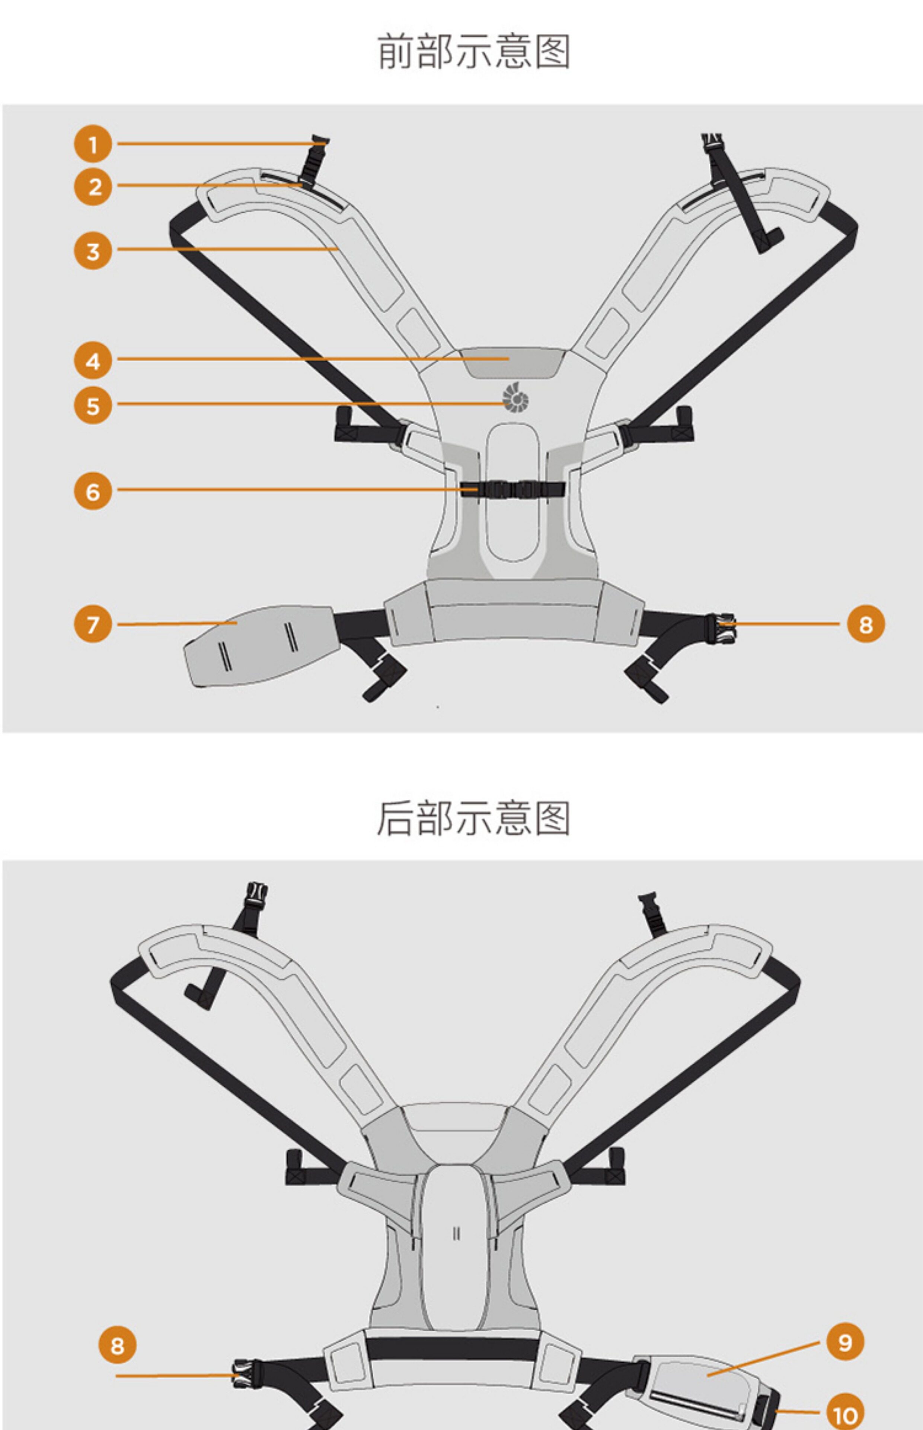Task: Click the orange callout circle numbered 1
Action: click(93, 144)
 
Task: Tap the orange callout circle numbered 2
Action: click(93, 187)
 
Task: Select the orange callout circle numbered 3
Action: click(93, 251)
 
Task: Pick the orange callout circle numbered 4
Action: click(93, 361)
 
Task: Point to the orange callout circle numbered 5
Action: click(93, 405)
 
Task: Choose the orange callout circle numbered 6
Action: click(93, 491)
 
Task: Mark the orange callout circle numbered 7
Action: click(93, 624)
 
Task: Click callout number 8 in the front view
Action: click(865, 624)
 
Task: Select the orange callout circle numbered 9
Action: click(845, 1342)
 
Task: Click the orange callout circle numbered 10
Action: click(845, 1412)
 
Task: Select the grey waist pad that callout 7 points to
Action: click(258, 645)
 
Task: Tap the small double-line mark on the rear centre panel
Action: click(457, 1234)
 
